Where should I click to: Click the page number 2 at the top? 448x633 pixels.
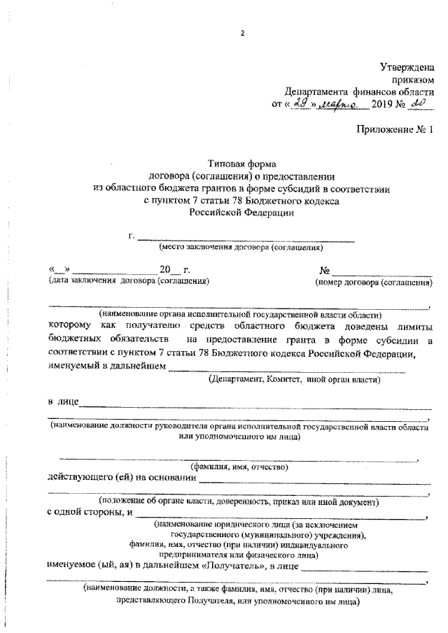(x=242, y=33)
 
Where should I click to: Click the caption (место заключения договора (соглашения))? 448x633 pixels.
(x=241, y=248)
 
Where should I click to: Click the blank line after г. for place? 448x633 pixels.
(x=246, y=239)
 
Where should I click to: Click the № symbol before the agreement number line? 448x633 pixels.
(x=324, y=271)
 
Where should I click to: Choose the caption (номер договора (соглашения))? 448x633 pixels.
(x=372, y=283)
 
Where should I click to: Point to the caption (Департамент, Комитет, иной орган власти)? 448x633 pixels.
(x=294, y=380)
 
